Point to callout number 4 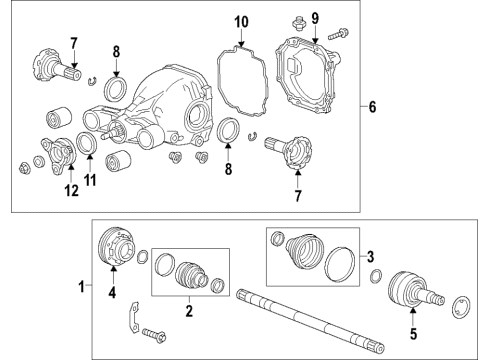pos(112,294)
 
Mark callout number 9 pos(313,17)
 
